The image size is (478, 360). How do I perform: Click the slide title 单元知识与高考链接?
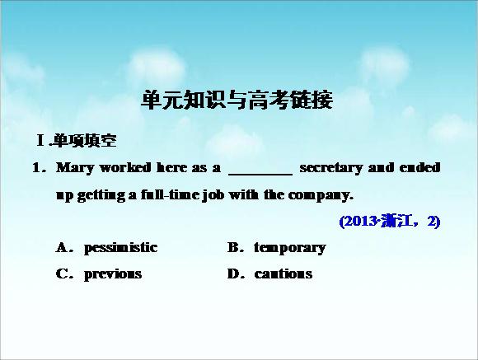point(237,100)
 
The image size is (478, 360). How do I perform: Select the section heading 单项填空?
point(85,141)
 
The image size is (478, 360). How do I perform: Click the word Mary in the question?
point(75,168)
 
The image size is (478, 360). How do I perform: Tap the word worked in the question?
point(125,167)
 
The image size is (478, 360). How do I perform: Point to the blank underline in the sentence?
point(260,175)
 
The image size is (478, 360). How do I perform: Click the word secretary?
point(331,168)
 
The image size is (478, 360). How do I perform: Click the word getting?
point(101,195)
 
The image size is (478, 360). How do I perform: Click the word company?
point(319,195)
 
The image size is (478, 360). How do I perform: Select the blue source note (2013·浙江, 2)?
point(390,222)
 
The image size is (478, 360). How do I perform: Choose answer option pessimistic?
point(120,248)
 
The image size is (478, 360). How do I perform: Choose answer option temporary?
point(290,248)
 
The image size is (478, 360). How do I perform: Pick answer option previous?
point(113,274)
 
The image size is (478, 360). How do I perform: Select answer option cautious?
point(284,274)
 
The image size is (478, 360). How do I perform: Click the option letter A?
point(61,247)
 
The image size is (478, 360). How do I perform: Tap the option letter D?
point(233,274)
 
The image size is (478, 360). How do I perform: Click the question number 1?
point(36,168)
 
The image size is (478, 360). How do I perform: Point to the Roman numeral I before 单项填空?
point(40,141)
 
